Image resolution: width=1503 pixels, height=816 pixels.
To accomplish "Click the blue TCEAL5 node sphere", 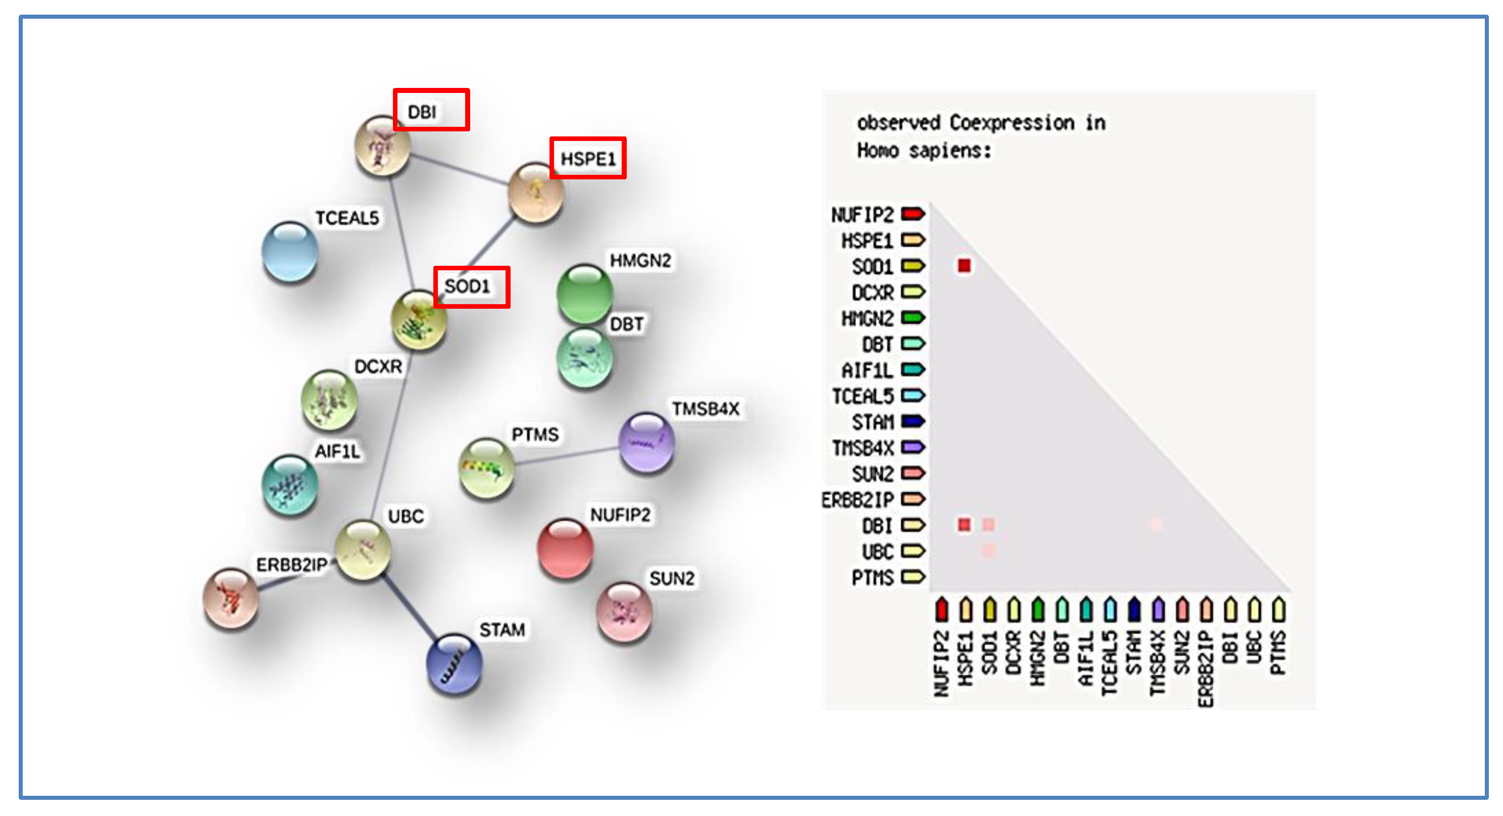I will pos(290,252).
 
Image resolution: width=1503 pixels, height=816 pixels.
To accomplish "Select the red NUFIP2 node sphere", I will pos(564,548).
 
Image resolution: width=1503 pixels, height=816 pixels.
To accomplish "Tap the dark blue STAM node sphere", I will pos(455,664).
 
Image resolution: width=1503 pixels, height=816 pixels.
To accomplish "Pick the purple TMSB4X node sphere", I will pos(646,443).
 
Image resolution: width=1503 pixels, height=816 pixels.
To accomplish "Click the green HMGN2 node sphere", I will pos(584,293).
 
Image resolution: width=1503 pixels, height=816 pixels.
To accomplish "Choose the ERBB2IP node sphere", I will pos(230,598).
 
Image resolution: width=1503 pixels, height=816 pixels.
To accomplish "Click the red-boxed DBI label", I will pos(431,110).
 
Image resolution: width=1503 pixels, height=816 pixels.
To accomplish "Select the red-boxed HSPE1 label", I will pos(587,158).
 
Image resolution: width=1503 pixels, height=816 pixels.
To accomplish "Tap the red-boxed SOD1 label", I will pos(471,287).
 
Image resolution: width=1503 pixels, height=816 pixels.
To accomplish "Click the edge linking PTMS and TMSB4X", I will pos(566,456).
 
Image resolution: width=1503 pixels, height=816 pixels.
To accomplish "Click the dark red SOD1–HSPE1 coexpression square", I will pos(964,266).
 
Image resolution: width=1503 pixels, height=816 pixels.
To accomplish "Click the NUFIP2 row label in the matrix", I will pos(862,214).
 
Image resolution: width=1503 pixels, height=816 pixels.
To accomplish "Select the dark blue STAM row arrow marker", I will pos(913,421).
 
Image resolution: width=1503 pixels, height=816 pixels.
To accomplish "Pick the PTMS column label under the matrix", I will pos(1278,653).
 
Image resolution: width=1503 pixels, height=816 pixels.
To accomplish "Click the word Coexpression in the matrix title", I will pos(1012,123).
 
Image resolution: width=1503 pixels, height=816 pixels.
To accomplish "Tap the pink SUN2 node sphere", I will pos(623,611).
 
